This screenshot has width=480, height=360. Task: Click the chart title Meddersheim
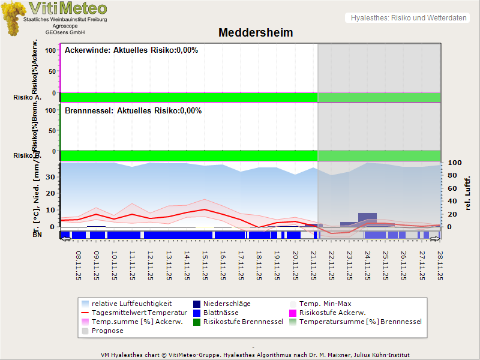click(256, 32)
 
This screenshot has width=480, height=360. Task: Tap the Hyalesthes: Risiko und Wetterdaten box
click(408, 18)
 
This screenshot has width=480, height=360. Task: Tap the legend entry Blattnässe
click(221, 313)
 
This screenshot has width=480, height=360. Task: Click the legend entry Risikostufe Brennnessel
click(243, 322)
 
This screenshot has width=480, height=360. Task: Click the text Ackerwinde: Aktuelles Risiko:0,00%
click(131, 50)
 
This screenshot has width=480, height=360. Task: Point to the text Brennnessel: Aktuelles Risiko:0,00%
click(133, 111)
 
